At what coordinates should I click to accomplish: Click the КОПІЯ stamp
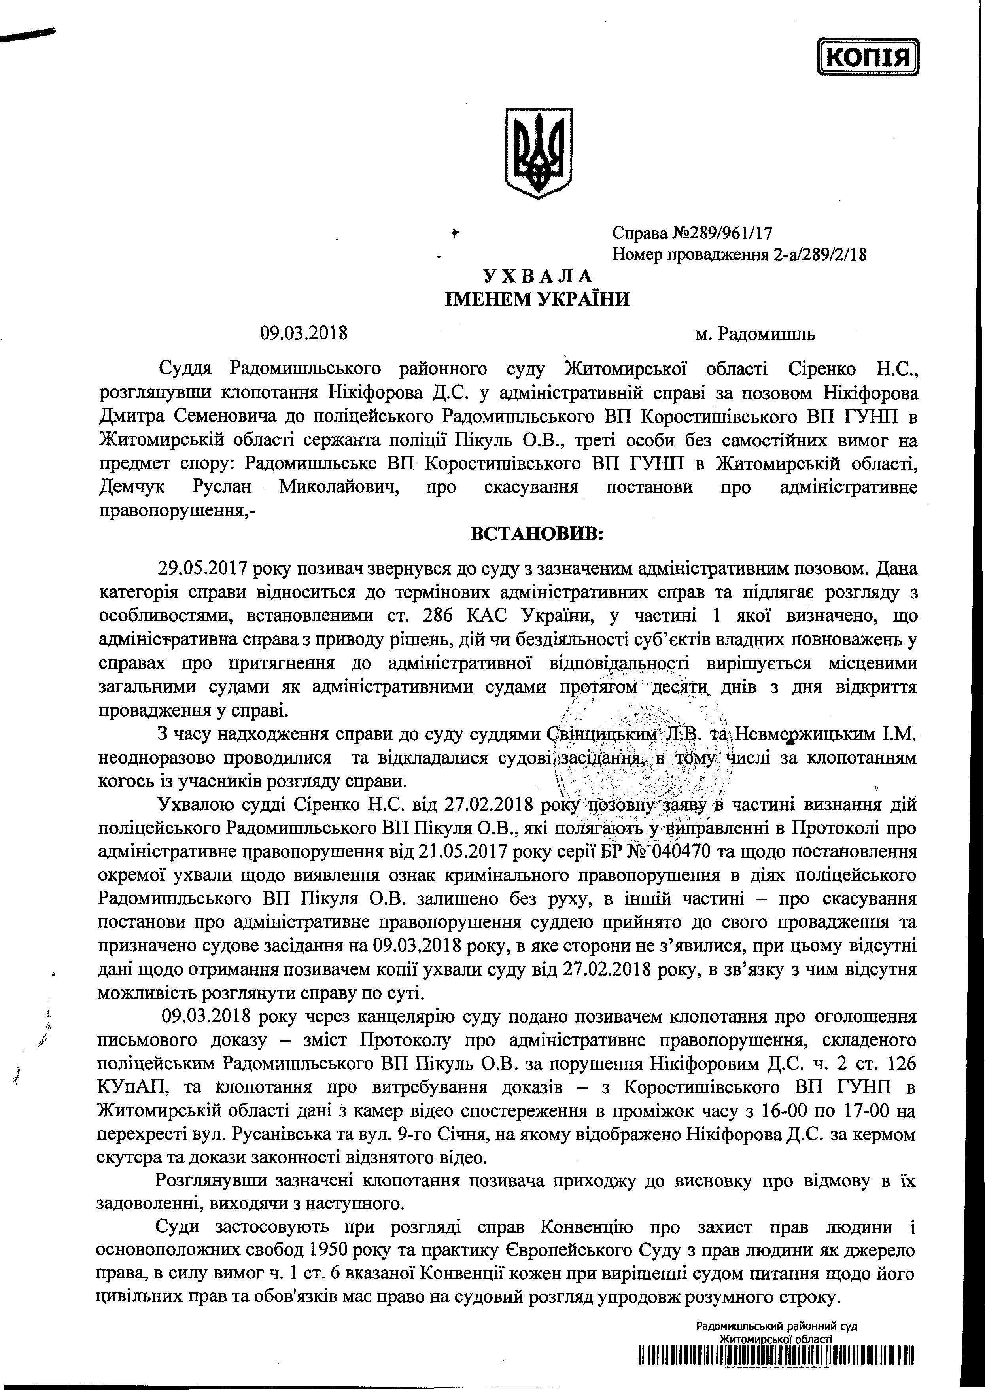868,58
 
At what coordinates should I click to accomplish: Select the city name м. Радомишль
755,333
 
